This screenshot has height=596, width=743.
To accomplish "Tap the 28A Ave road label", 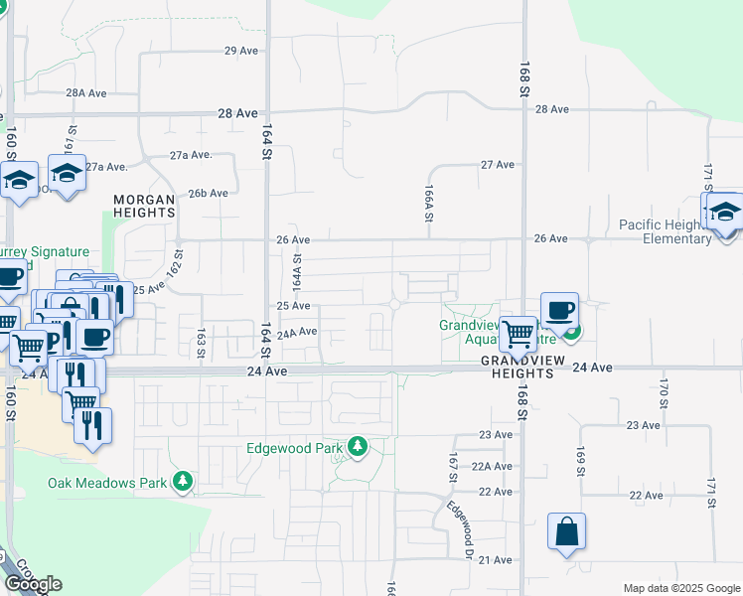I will point(86,92).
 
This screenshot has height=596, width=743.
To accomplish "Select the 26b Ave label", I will point(208,193).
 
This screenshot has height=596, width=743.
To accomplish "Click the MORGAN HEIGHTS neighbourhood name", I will point(144,206).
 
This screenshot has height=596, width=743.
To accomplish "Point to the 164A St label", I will point(296,270).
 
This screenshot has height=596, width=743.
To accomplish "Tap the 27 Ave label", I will point(498,164).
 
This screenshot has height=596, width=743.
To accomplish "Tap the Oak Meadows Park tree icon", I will point(182,484).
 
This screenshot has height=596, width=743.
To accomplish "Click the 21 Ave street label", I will point(495,560).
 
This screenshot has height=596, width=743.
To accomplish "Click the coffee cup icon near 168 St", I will point(559,309).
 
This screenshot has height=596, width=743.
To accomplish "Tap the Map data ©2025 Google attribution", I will point(681,588).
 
